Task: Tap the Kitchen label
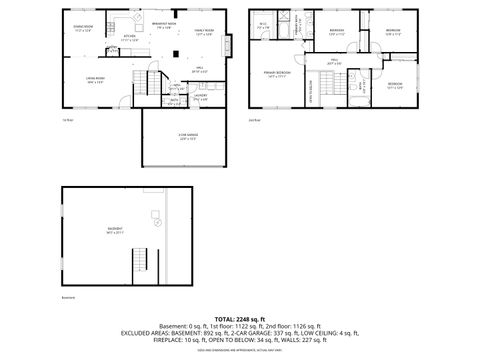point(129,38)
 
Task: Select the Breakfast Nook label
point(164,25)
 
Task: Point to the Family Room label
point(204,33)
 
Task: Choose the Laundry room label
point(199,97)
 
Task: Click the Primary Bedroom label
point(277,75)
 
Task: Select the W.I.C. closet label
point(262,26)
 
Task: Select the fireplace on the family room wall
point(232,45)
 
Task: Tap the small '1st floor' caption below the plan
point(69,119)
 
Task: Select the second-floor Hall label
point(335,63)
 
